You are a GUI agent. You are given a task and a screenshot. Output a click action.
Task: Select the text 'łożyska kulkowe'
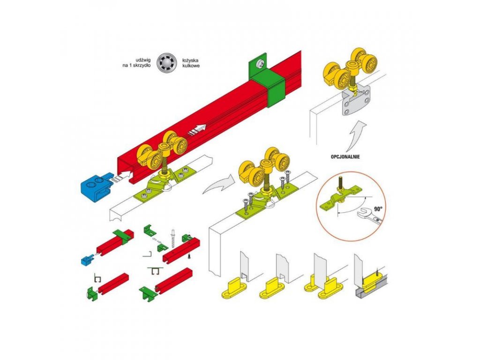(x=189, y=63)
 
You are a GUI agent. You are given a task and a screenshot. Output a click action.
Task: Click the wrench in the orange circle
(x=371, y=217)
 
